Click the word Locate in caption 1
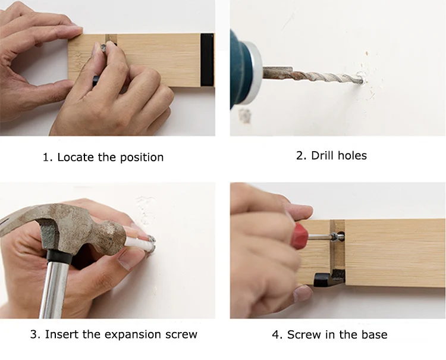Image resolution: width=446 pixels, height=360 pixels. coord(76,157)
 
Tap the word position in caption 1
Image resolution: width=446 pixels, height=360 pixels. coord(142,158)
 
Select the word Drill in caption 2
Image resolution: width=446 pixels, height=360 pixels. coord(323,155)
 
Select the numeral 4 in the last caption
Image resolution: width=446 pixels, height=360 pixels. coord(275,334)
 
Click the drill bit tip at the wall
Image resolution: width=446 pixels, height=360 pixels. coord(362,81)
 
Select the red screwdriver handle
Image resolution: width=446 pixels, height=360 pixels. coord(301,236)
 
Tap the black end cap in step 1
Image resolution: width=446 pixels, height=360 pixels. coord(207,60)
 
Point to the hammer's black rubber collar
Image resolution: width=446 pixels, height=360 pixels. coord(59,256)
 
